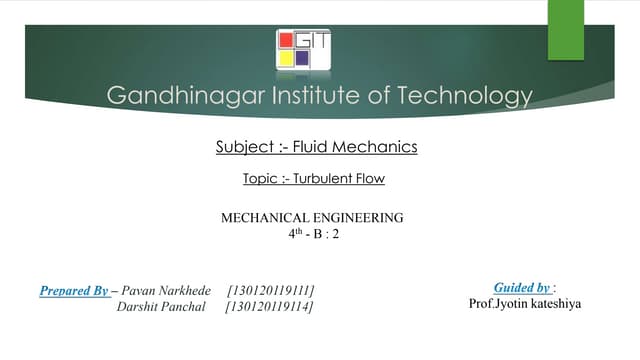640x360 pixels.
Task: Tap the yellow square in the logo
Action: (x=285, y=58)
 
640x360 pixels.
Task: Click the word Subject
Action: (x=243, y=148)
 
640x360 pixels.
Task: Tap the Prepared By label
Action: (x=74, y=291)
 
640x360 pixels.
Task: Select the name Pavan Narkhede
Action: (x=166, y=291)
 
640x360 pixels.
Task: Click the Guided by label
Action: (x=523, y=287)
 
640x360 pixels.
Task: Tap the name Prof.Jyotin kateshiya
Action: (x=523, y=303)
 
